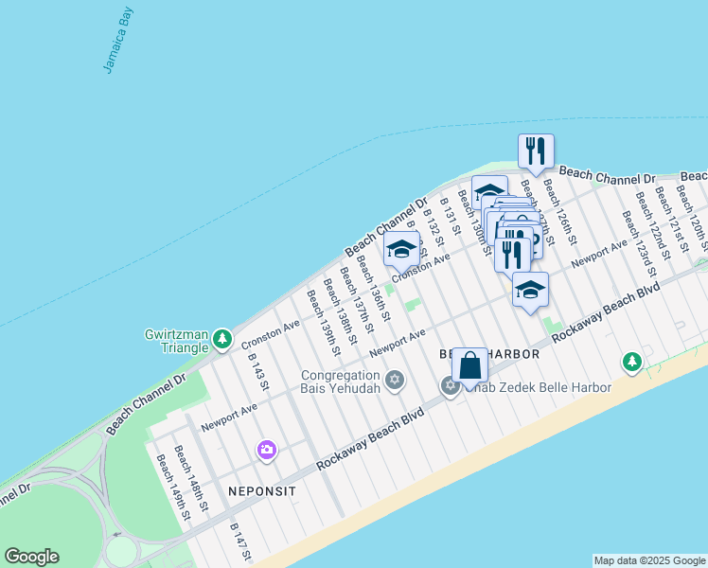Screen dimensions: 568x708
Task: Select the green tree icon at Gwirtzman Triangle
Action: (x=221, y=338)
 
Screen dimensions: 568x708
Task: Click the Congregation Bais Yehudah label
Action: (x=341, y=382)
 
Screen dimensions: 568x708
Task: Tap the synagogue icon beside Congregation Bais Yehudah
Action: (x=395, y=381)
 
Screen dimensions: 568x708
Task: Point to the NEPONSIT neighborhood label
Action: (x=262, y=492)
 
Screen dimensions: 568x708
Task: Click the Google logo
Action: (x=31, y=557)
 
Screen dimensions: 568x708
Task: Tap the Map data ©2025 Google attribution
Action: (x=648, y=560)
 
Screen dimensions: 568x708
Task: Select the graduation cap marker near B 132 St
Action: (x=401, y=250)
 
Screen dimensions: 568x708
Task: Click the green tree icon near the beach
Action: (x=632, y=361)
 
